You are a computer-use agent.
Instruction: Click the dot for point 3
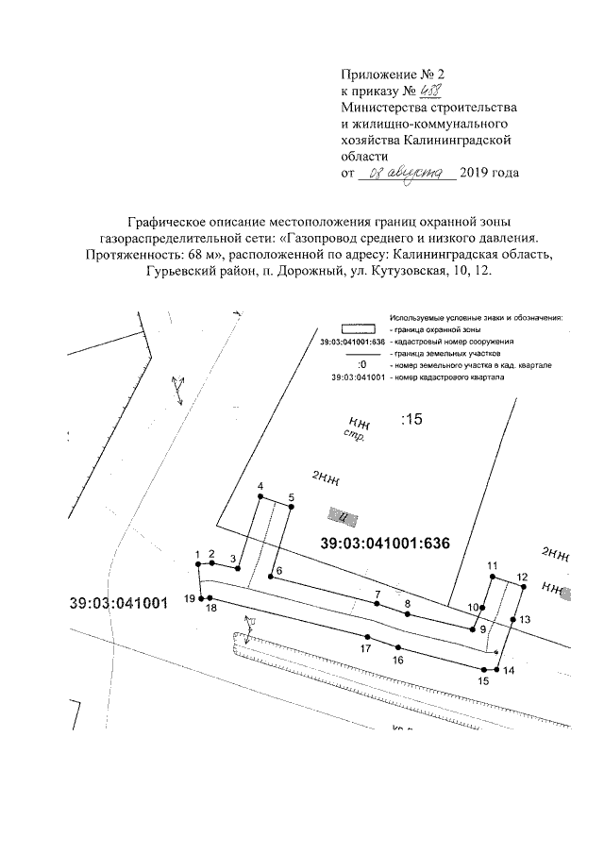point(240,569)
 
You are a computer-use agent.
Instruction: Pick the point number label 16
point(398,660)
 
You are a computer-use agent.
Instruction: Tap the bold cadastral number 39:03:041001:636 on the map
point(383,544)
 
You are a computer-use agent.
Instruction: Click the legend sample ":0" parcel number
point(362,364)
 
